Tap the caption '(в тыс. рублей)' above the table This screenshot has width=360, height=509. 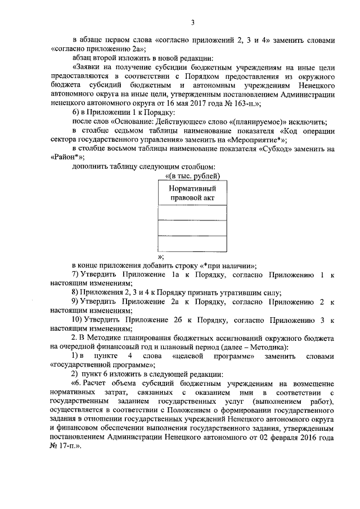(193, 177)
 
